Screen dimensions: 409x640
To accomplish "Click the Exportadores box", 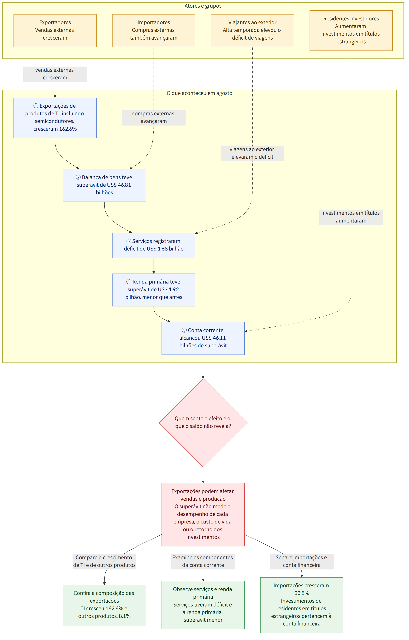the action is [x=55, y=31].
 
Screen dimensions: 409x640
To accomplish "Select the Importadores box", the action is [x=154, y=31].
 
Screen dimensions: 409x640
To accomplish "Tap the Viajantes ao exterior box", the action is [x=252, y=31].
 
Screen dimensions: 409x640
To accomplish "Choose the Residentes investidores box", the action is [x=351, y=31].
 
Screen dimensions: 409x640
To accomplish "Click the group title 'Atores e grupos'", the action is [x=203, y=6].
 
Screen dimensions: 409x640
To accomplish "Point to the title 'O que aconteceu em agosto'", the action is [x=199, y=93].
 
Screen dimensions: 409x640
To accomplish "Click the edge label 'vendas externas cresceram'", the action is [x=55, y=74].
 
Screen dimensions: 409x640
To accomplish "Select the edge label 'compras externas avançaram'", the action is [x=154, y=118].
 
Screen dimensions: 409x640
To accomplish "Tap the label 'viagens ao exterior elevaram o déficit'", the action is [x=252, y=153].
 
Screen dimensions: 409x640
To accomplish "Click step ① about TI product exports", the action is [x=55, y=118].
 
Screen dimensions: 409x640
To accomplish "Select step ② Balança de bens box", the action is [x=104, y=185].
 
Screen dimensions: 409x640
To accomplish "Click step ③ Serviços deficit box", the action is [x=154, y=245].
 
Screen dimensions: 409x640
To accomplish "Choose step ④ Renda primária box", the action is [x=154, y=290].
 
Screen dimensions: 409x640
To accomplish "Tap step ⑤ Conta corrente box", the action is [x=203, y=338].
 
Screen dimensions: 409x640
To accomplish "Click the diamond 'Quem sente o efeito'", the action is [x=203, y=422].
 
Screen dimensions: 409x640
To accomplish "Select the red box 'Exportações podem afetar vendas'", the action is [x=203, y=514].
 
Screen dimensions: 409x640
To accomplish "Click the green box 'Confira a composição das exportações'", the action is [x=104, y=605].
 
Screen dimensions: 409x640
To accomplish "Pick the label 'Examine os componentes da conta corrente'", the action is [x=203, y=561].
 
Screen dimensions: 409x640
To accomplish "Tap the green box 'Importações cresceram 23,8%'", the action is [x=302, y=605].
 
